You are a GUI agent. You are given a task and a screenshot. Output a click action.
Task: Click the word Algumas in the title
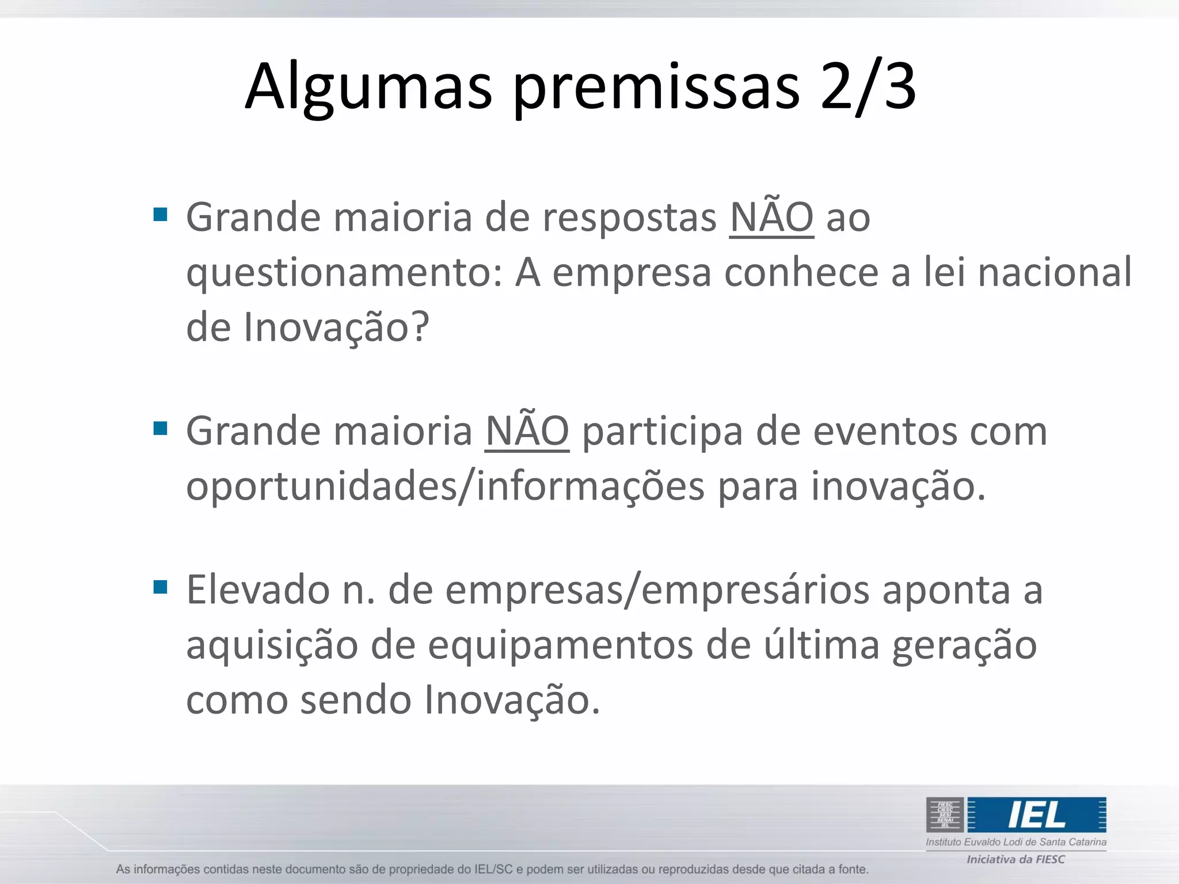pos(368,86)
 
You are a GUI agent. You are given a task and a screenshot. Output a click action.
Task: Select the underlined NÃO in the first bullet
pos(771,218)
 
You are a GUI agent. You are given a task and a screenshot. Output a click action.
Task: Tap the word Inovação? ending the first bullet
pos(336,327)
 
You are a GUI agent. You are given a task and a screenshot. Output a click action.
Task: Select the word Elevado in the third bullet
pos(257,590)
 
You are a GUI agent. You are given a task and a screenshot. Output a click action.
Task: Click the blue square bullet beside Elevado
pos(161,587)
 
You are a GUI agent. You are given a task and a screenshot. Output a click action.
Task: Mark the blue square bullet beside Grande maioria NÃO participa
pos(161,428)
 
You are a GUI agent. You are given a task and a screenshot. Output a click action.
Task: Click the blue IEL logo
pos(1036,814)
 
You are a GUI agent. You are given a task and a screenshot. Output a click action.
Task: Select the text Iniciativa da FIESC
pos(1016,859)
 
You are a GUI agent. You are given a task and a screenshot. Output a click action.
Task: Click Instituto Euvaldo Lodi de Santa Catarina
pos(1016,842)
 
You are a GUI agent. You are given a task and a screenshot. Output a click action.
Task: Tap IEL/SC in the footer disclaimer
pos(493,869)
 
